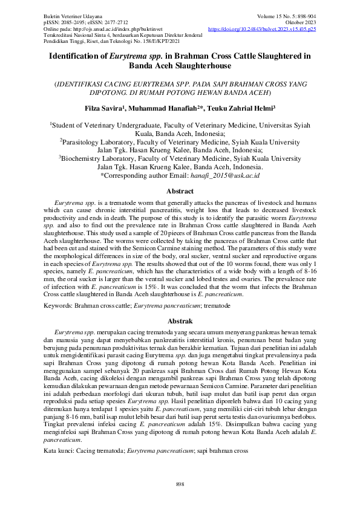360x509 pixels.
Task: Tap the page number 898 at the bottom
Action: point(180,485)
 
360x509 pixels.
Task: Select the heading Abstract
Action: point(180,190)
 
